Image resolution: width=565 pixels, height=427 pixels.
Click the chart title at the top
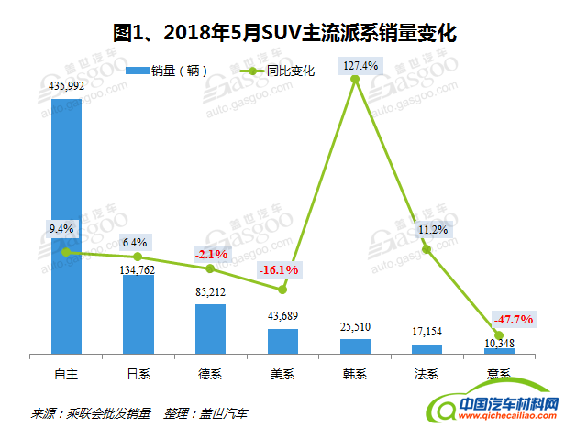[283, 34]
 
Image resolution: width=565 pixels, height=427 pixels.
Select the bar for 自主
[66, 225]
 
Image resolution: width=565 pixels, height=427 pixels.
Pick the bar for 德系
[210, 329]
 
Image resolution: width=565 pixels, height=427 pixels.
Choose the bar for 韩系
[355, 346]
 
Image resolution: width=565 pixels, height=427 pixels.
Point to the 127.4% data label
[356, 65]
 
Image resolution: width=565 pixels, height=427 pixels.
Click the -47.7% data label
[515, 319]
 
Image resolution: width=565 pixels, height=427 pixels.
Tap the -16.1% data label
[280, 270]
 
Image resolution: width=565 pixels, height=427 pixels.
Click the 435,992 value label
[66, 86]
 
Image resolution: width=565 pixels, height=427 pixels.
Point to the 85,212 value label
[210, 292]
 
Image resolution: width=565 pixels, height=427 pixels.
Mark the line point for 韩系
[355, 81]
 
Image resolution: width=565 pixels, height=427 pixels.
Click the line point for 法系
[427, 249]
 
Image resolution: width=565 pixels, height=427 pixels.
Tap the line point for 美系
[282, 290]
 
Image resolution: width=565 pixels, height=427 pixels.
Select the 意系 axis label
[499, 373]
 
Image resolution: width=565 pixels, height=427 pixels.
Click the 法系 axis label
[427, 373]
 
